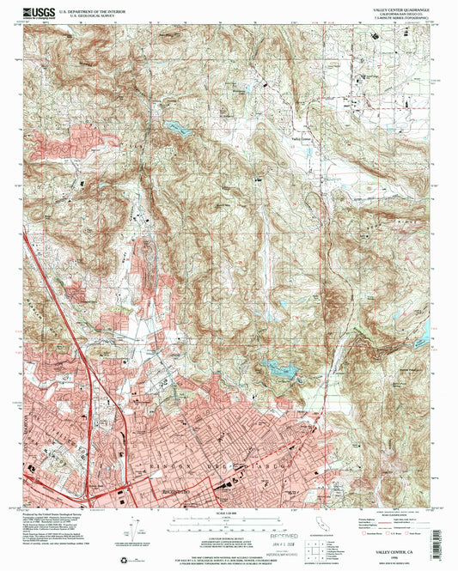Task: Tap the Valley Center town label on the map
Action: point(301,137)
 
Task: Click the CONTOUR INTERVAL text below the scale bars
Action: point(225,532)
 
